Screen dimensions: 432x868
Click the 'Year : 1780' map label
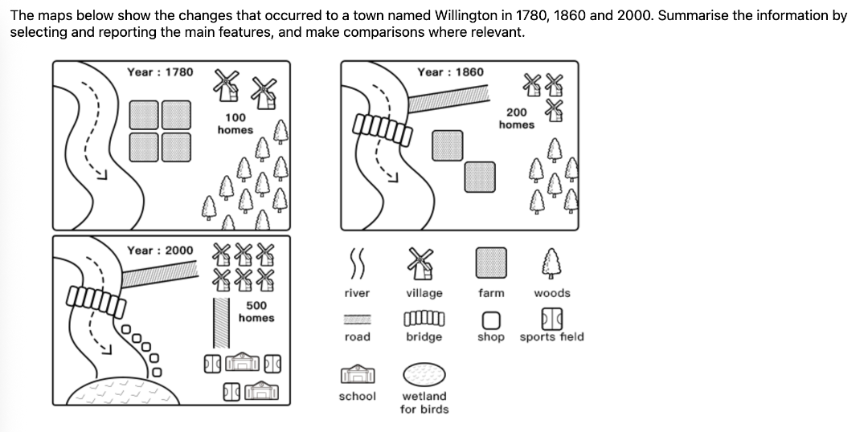pyautogui.click(x=160, y=72)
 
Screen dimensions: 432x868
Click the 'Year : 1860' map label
pyautogui.click(x=450, y=72)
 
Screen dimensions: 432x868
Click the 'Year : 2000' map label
pyautogui.click(x=160, y=251)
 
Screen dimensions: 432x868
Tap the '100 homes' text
pyautogui.click(x=235, y=124)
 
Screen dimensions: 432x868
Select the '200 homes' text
pyautogui.click(x=516, y=119)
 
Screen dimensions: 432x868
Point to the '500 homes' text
pyautogui.click(x=256, y=312)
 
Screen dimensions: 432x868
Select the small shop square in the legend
pyautogui.click(x=490, y=319)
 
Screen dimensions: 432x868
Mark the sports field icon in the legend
pyautogui.click(x=551, y=318)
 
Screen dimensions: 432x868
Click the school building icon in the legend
pyautogui.click(x=357, y=375)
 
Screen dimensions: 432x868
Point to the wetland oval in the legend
pyautogui.click(x=424, y=374)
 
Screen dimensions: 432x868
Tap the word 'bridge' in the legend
pyautogui.click(x=424, y=336)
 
